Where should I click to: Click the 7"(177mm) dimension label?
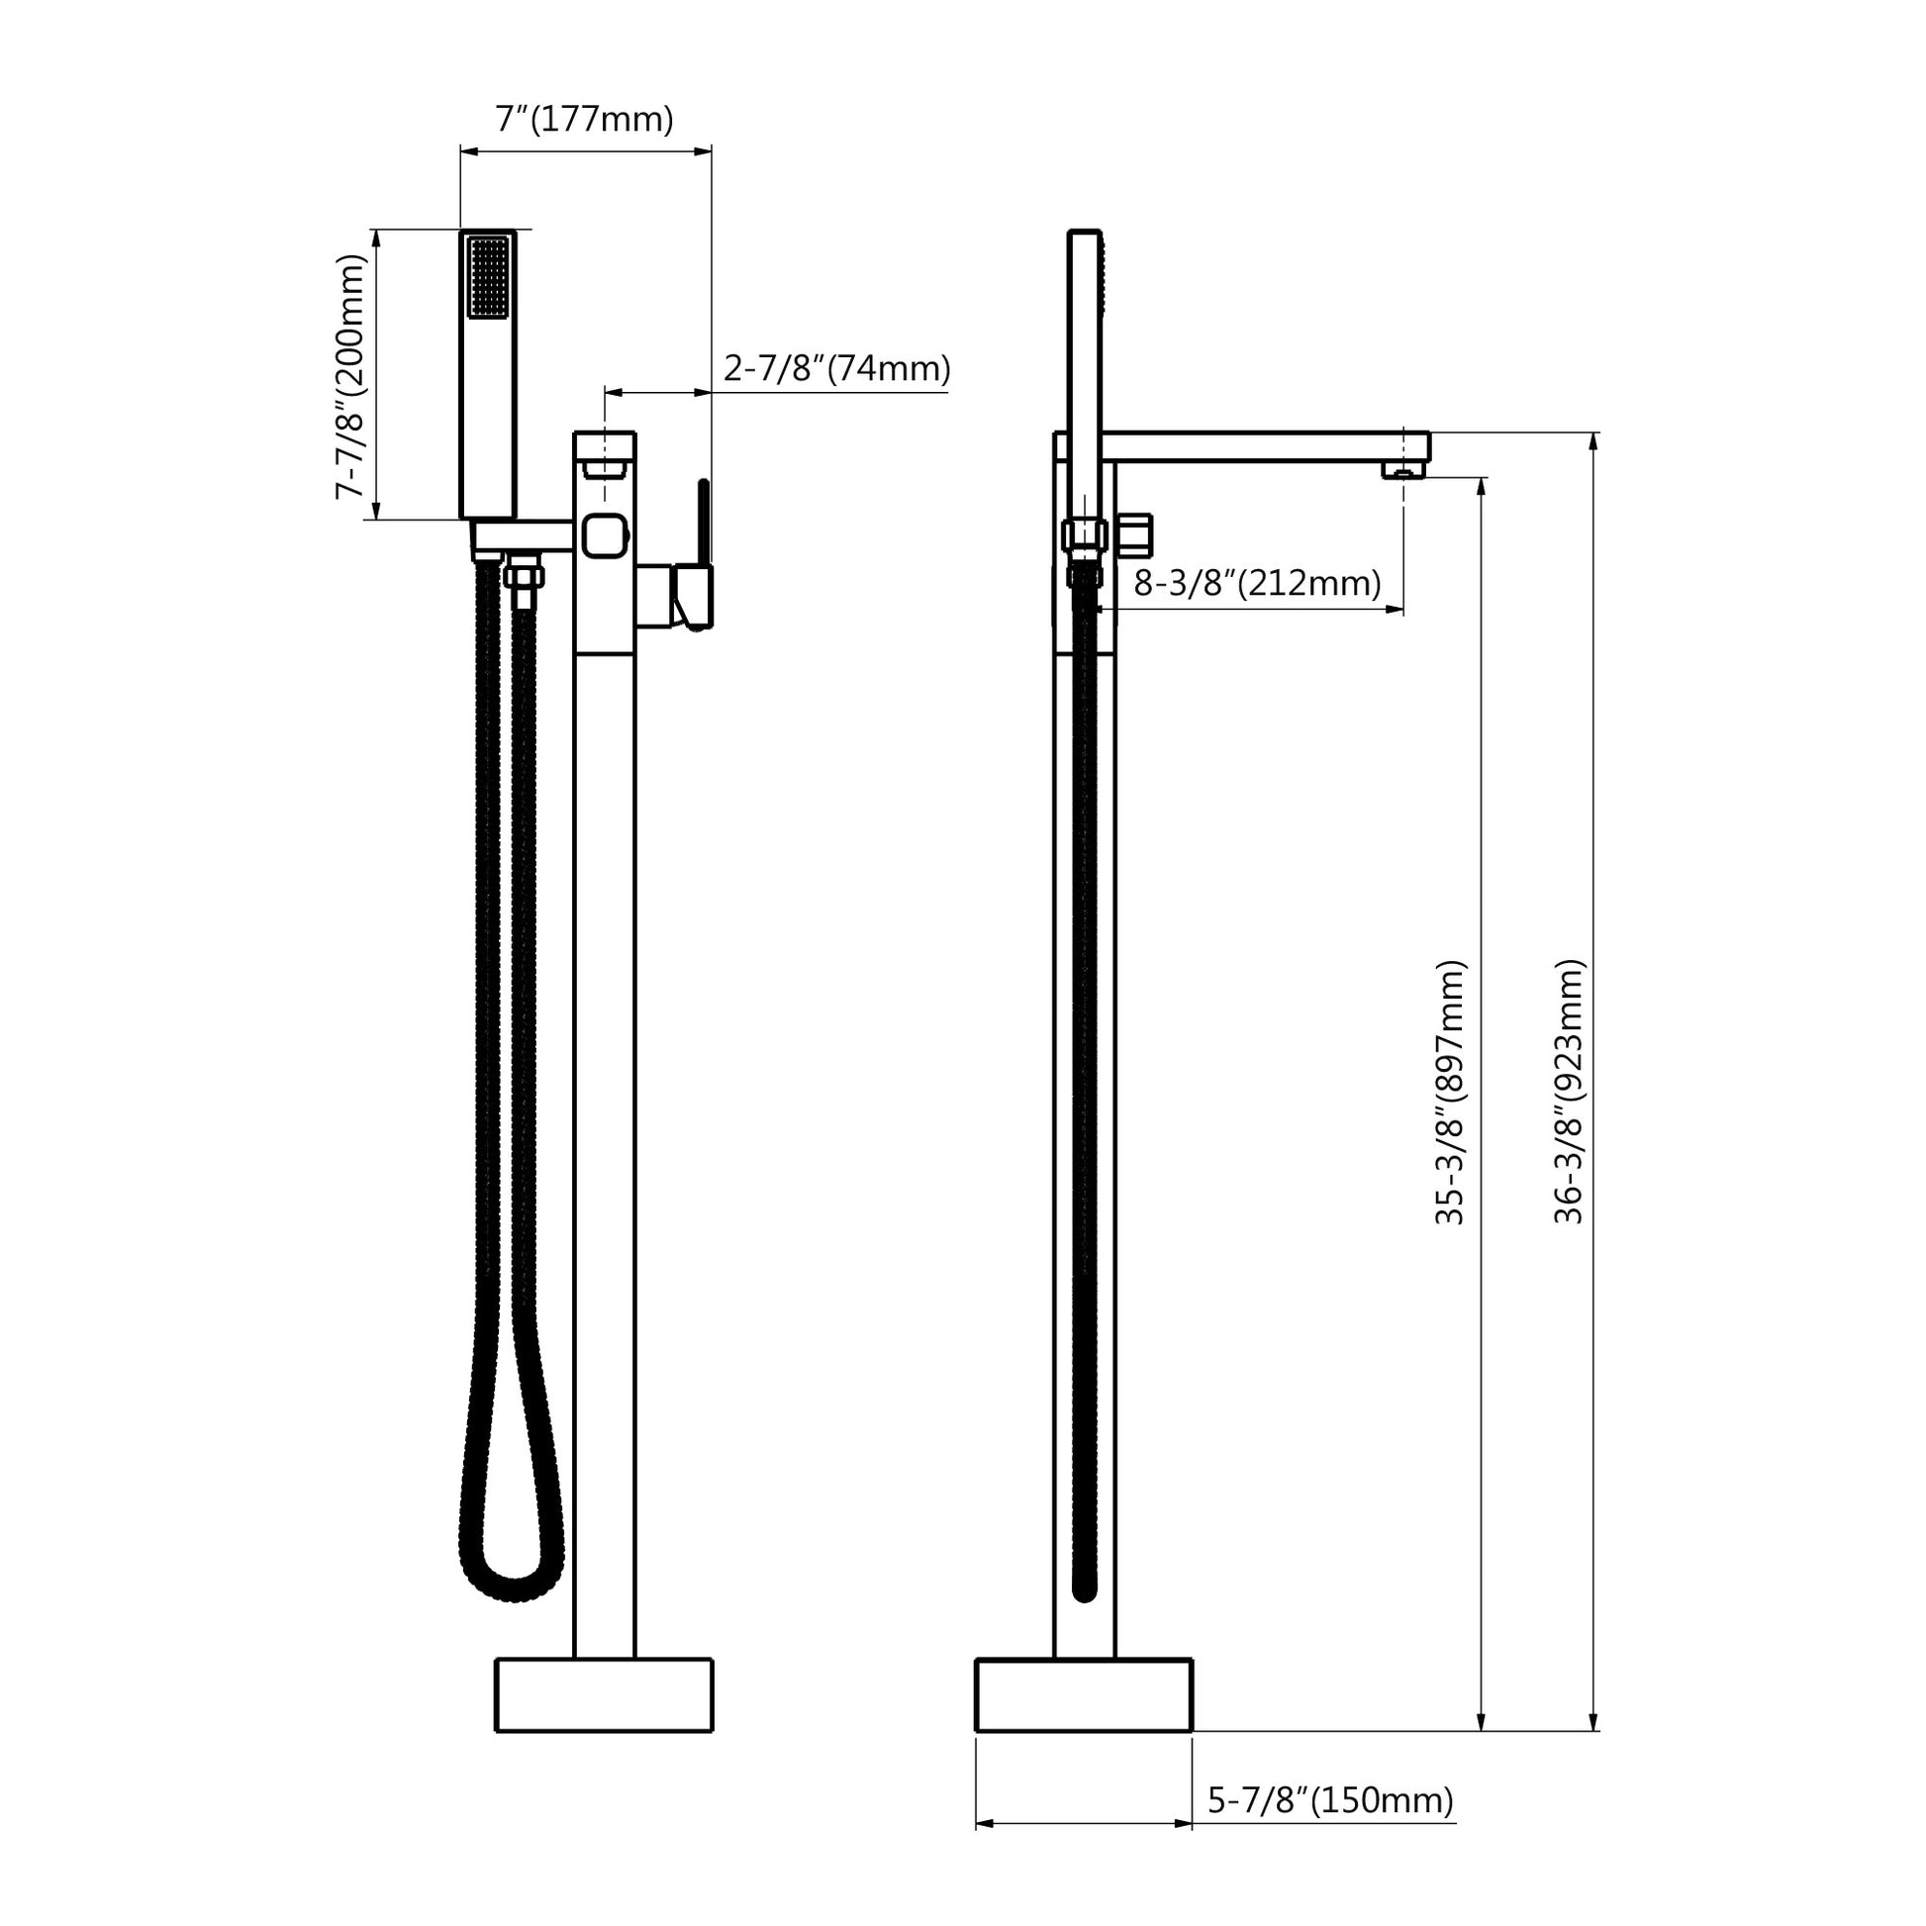pos(584,120)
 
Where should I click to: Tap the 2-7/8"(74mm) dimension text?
pos(836,369)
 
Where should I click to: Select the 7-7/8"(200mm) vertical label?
pos(350,376)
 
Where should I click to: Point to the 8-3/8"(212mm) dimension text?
pos(1257,583)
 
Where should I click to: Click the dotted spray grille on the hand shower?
pos(489,276)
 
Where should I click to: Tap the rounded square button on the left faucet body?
pos(605,535)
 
